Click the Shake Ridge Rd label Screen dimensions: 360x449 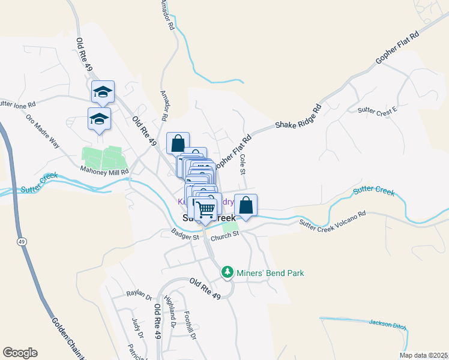pos(298,117)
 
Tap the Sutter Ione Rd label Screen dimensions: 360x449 pos(18,104)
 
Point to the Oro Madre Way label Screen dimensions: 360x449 pos(43,131)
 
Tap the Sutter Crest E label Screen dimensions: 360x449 pos(377,110)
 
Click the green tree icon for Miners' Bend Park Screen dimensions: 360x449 pos(228,273)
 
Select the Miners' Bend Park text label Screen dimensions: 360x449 pos(270,273)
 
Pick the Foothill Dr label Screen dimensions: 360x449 pos(190,324)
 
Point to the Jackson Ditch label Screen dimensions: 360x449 pos(388,325)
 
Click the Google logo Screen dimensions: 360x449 pos(20,353)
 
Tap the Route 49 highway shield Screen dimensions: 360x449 pos(22,242)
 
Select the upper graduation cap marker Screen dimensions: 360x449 pos(103,92)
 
